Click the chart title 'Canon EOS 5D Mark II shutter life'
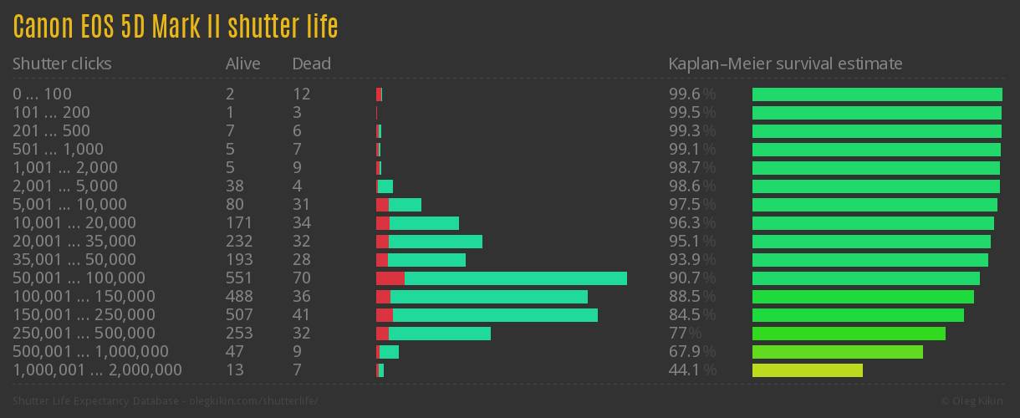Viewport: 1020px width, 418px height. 176,27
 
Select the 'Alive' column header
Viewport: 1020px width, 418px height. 242,64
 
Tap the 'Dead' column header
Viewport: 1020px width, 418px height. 311,64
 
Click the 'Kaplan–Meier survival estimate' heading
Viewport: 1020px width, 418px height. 785,64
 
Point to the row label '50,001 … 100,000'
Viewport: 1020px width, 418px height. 79,278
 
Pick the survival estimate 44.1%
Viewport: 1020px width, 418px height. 692,370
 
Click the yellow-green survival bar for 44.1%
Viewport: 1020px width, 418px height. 807,370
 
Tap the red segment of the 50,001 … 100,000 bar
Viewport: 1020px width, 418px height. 390,278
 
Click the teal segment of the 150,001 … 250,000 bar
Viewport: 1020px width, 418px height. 495,315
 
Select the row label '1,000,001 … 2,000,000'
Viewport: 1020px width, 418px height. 97,370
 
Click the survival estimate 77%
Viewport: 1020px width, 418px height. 685,334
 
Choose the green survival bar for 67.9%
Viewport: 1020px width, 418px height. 837,352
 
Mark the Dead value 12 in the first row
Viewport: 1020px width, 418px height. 301,94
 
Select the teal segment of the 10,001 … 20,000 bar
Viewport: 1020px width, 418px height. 424,223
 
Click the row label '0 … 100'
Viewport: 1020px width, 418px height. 42,94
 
